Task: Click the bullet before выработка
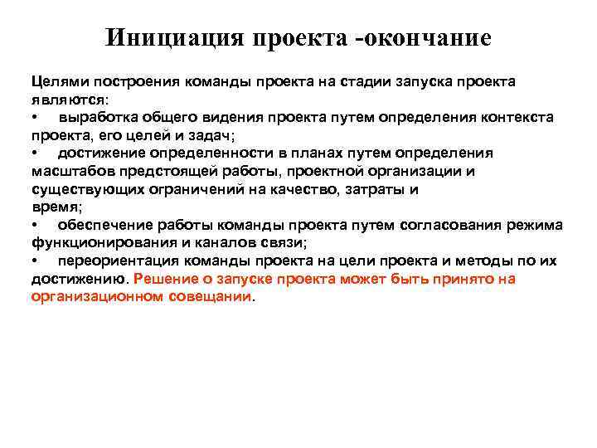(x=35, y=117)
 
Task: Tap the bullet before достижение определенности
(x=35, y=153)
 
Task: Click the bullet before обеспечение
(x=35, y=225)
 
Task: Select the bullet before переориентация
(x=35, y=261)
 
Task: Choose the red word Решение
(x=169, y=279)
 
